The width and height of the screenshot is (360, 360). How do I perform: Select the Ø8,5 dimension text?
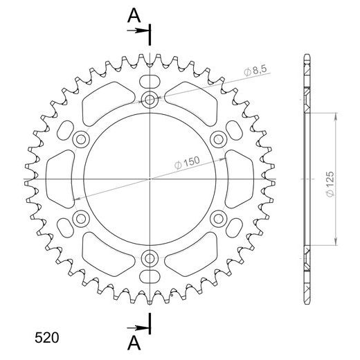click(258, 70)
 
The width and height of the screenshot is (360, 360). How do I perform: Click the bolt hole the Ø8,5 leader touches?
click(150, 100)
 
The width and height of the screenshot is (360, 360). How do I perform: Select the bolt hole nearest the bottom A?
click(150, 259)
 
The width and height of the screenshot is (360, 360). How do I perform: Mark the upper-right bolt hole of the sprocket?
click(219, 140)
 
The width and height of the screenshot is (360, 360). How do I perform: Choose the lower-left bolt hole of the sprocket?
click(82, 219)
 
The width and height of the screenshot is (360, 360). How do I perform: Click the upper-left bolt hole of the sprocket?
click(82, 140)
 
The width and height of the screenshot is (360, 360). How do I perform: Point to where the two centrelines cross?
click(150, 180)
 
